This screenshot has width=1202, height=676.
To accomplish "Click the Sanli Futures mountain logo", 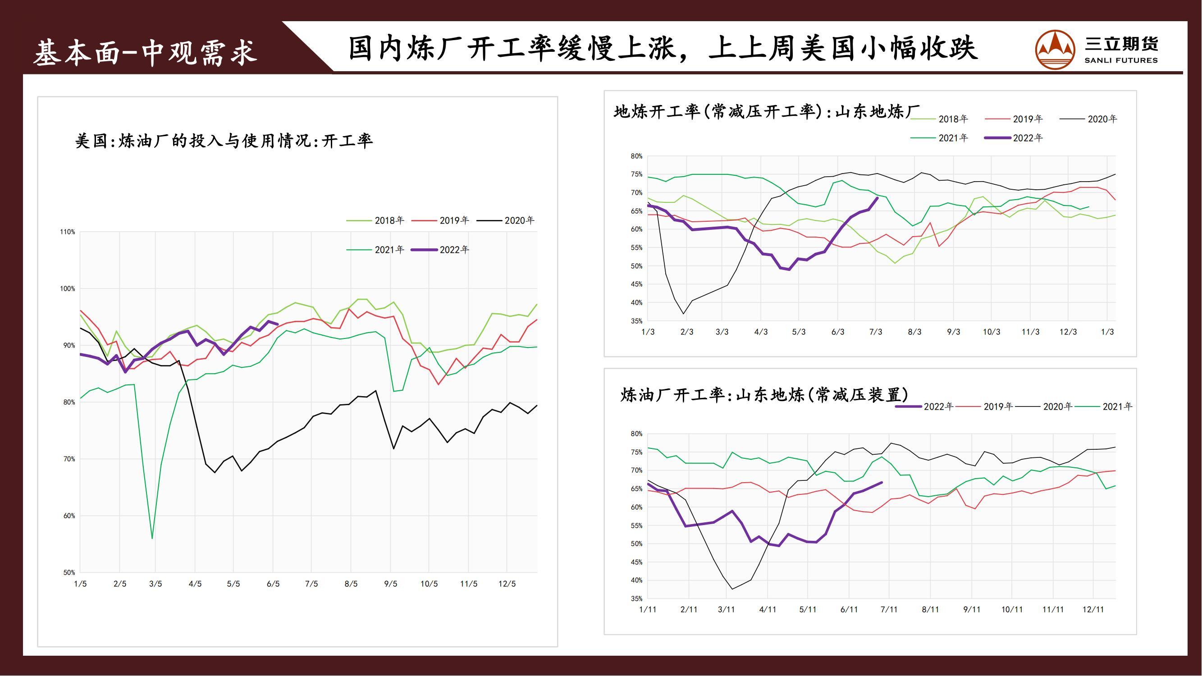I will (1055, 50).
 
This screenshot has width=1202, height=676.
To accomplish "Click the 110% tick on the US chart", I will (67, 232).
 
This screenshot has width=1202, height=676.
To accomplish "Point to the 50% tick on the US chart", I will (69, 572).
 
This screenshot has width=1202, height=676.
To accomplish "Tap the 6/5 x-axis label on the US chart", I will (273, 584).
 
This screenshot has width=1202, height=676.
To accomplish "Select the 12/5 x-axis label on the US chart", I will (507, 584).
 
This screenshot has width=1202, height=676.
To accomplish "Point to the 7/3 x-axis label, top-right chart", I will (875, 332).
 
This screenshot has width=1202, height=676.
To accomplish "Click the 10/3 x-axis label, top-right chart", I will (992, 332).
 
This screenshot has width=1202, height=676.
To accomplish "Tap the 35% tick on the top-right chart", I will (636, 321).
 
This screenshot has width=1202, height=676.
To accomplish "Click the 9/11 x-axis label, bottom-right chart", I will (972, 610).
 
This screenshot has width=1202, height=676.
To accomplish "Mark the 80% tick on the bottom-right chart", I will (636, 434).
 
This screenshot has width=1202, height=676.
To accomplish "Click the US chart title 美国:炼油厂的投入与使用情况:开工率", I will (224, 141).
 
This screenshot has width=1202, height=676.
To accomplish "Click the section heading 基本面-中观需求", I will (145, 52).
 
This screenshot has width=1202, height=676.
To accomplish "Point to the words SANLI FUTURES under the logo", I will (1121, 61).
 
